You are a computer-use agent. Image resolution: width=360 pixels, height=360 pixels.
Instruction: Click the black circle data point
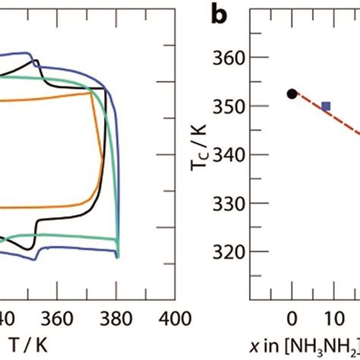click(292, 93)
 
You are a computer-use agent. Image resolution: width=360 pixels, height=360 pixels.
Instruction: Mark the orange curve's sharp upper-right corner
click(93, 93)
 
